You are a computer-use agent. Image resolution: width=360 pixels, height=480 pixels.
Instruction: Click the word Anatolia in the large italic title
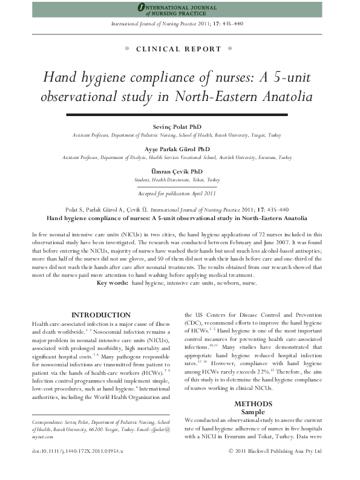(x=284, y=97)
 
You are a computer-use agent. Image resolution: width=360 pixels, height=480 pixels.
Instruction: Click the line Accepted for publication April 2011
(x=177, y=193)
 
